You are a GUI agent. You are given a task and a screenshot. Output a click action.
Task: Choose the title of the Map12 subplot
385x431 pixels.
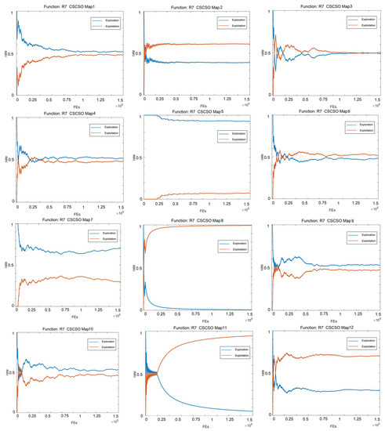325,326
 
